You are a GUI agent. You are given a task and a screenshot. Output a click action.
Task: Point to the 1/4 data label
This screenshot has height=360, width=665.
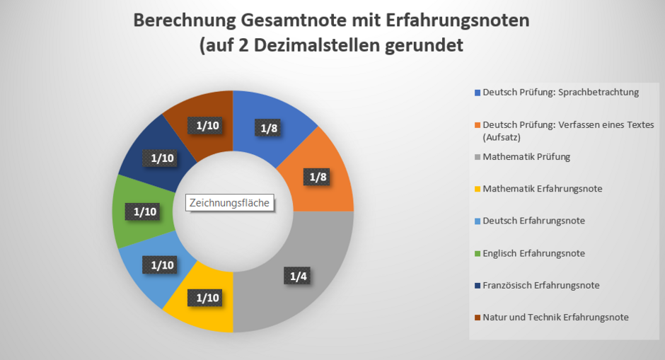point(298,276)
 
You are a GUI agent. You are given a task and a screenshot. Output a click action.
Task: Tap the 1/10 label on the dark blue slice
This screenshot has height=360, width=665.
point(163,158)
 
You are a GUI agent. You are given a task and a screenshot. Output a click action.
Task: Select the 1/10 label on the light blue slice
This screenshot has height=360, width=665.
point(163,265)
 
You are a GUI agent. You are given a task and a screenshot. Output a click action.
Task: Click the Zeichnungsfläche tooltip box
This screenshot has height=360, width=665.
point(230,203)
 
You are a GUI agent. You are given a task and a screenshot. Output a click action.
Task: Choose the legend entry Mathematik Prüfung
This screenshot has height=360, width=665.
point(526,156)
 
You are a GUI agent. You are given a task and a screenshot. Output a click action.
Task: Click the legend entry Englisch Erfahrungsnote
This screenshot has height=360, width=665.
point(533,252)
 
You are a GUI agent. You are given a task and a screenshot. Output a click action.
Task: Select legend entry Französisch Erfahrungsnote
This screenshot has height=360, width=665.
point(541,285)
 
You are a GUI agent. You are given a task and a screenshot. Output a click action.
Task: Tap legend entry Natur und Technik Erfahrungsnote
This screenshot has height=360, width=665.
point(555,317)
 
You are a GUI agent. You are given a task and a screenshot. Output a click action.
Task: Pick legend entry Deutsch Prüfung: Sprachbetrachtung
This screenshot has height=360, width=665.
point(560,92)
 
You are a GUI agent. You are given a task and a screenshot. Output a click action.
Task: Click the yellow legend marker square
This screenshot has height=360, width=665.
point(478,189)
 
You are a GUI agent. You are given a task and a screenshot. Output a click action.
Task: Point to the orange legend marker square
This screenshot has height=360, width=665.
point(478,124)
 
